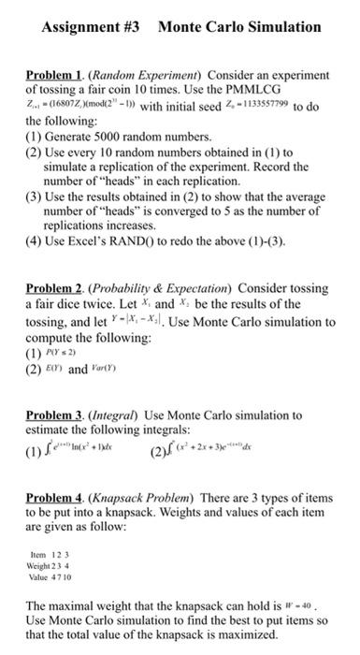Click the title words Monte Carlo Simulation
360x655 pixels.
239,27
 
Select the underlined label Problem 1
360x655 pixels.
50,74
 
